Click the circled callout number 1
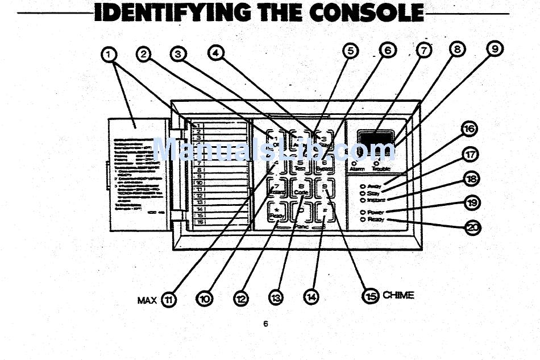click(x=110, y=55)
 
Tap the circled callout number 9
click(x=495, y=50)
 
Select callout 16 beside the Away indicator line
click(x=469, y=130)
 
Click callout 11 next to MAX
click(x=169, y=299)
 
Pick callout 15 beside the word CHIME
click(x=370, y=295)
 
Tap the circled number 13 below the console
click(x=276, y=297)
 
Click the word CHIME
click(x=398, y=295)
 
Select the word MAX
click(x=147, y=300)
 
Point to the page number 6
click(x=265, y=324)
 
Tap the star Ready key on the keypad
click(x=277, y=212)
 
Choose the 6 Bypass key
click(x=324, y=164)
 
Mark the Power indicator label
click(x=376, y=212)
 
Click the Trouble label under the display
click(x=381, y=169)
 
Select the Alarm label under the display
click(x=357, y=169)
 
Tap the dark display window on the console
click(x=375, y=138)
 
